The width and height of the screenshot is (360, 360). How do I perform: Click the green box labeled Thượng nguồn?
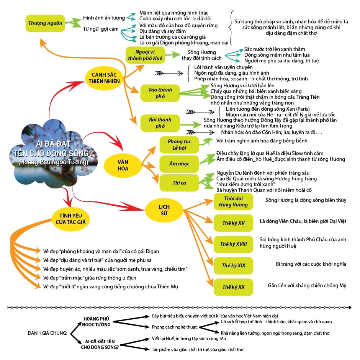45,23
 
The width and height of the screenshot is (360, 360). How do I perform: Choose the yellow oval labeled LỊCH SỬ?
164,210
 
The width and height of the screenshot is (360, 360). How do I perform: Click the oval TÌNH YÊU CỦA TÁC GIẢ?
71,219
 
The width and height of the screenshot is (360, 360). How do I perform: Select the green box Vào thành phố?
160,93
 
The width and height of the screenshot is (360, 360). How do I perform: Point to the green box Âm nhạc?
179,164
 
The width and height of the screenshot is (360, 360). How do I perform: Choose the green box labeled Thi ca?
179,183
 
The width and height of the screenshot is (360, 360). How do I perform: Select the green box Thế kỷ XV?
233,223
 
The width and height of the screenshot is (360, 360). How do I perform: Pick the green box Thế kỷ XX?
233,287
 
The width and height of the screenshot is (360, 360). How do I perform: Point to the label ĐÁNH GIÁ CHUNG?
47,333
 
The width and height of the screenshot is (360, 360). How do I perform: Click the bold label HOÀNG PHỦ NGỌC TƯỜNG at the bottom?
97,322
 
